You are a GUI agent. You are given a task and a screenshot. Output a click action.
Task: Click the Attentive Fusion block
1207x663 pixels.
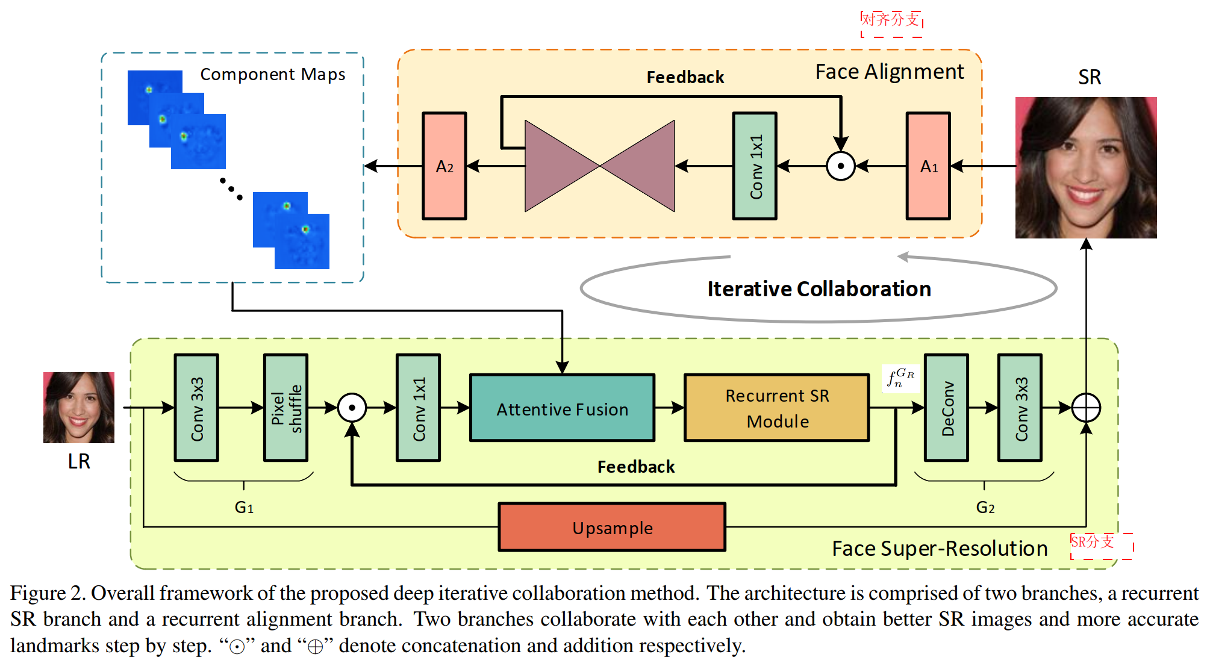pyautogui.click(x=562, y=408)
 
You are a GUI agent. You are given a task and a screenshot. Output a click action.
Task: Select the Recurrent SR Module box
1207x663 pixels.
pyautogui.click(x=776, y=408)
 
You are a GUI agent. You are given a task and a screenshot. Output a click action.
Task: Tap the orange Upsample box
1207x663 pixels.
pyautogui.click(x=612, y=527)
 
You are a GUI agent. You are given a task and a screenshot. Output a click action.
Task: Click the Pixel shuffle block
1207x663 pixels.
pyautogui.click(x=285, y=408)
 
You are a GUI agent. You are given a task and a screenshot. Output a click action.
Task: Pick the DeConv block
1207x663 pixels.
pyautogui.click(x=946, y=408)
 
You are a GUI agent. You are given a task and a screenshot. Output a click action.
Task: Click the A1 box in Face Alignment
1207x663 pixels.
pyautogui.click(x=928, y=166)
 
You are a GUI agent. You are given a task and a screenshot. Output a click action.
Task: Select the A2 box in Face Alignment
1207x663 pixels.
pyautogui.click(x=444, y=166)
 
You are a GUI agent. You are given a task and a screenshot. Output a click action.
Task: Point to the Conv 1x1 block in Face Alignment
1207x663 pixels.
pyautogui.click(x=755, y=166)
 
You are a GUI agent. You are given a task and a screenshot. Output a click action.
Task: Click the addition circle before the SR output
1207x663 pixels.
pyautogui.click(x=1086, y=408)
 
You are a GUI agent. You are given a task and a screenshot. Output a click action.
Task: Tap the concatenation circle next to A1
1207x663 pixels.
pyautogui.click(x=841, y=166)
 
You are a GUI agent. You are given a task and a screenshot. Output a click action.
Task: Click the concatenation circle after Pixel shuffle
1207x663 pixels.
pyautogui.click(x=352, y=408)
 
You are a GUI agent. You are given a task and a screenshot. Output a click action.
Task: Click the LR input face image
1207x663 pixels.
pyautogui.click(x=79, y=407)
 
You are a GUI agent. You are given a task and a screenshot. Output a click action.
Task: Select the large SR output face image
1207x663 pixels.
pyautogui.click(x=1086, y=167)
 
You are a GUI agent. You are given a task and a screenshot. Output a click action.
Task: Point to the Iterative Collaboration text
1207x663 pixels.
pyautogui.click(x=819, y=289)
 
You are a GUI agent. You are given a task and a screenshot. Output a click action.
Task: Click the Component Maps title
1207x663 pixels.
pyautogui.click(x=272, y=74)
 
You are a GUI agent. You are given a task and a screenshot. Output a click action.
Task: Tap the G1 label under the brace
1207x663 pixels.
pyautogui.click(x=244, y=507)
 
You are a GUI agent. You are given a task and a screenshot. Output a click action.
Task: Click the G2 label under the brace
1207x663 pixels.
pyautogui.click(x=985, y=507)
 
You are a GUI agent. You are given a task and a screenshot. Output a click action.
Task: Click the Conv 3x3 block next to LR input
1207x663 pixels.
pyautogui.click(x=196, y=408)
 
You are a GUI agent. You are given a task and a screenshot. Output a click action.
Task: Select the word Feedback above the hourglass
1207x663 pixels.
pyautogui.click(x=685, y=77)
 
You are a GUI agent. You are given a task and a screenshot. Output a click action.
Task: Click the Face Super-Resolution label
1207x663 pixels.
pyautogui.click(x=939, y=548)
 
